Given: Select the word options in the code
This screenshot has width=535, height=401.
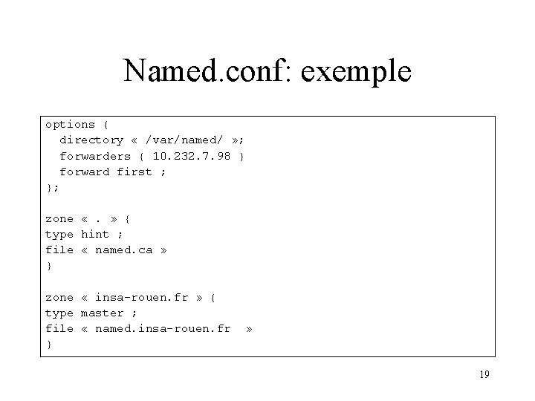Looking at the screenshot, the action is point(70,124).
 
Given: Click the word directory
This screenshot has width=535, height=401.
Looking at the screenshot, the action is point(91,140).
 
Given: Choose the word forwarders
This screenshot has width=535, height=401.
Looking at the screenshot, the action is point(95,156).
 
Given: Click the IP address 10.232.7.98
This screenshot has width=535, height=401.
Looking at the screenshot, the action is point(192,156).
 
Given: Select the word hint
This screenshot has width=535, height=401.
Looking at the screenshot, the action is point(94,234).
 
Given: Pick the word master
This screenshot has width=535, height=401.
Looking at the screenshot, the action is point(102,313).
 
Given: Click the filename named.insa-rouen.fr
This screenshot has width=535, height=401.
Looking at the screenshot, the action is point(163,328).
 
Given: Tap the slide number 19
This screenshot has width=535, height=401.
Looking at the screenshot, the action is point(484,375).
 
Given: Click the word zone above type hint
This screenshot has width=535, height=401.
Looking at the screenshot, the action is point(59,218).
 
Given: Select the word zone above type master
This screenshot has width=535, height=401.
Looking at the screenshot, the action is point(59,297).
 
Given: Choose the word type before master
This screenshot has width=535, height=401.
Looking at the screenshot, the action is point(59,313).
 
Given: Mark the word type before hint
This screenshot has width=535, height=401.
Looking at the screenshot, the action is point(59,234).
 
